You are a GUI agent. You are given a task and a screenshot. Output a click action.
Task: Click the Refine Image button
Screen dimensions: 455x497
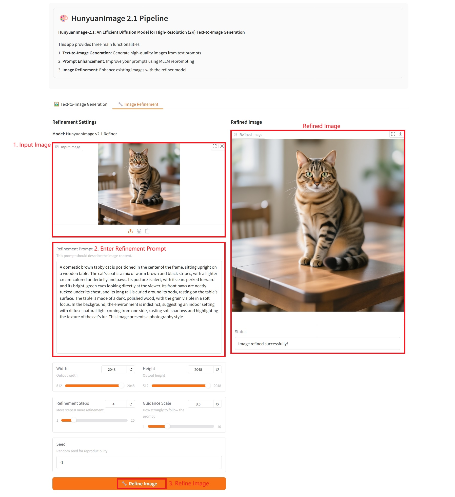point(139,483)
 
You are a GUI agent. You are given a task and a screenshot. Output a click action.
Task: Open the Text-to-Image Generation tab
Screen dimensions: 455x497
point(81,104)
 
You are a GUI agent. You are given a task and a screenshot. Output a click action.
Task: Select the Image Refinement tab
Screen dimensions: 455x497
point(138,104)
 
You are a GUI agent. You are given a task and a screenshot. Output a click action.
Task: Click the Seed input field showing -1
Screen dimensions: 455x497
point(139,462)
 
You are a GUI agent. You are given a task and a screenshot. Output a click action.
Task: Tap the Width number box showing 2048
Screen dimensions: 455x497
point(114,369)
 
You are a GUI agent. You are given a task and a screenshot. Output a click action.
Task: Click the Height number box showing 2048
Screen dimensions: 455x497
point(201,369)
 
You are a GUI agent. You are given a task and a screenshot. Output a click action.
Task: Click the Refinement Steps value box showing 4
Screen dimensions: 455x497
point(116,404)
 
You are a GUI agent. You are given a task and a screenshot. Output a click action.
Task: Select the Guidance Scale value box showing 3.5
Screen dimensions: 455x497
point(201,404)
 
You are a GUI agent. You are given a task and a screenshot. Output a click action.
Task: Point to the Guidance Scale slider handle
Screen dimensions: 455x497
point(167,426)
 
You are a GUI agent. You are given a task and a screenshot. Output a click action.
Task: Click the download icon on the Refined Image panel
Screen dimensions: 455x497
point(400,134)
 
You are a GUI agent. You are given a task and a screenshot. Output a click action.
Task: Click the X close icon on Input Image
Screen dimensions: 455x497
point(222,146)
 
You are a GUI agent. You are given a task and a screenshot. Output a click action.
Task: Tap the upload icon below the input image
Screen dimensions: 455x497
point(130,231)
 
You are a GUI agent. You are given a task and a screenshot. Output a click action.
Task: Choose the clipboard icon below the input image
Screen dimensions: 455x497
point(147,231)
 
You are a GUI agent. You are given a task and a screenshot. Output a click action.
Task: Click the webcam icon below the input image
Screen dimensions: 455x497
point(139,231)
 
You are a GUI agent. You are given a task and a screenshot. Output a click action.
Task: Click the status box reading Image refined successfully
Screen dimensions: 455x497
point(318,343)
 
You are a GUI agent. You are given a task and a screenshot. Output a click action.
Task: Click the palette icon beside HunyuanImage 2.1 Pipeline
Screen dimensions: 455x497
point(64,18)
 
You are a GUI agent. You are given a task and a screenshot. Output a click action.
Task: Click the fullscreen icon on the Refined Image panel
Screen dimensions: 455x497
point(393,134)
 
